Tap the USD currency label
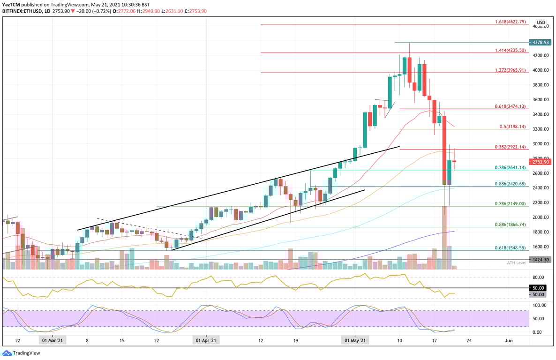click(541, 22)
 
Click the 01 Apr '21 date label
click(205, 341)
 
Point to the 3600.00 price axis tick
click(541, 99)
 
